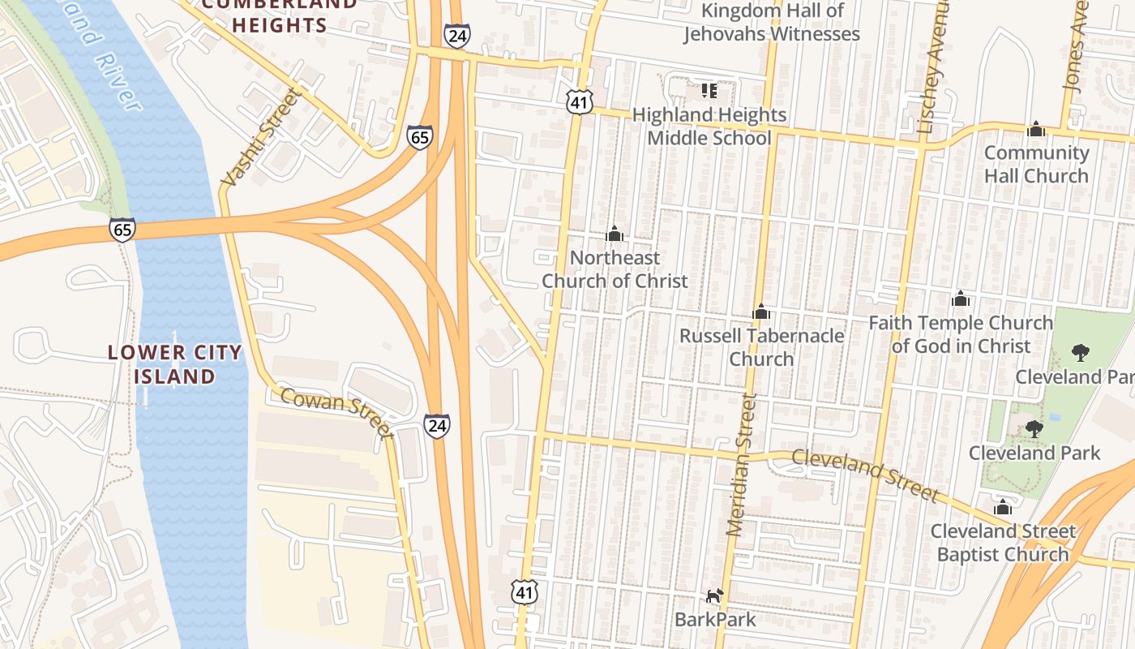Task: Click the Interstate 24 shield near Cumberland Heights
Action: pyautogui.click(x=456, y=36)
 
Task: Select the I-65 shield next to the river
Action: pyautogui.click(x=122, y=230)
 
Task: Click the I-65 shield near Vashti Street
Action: pyautogui.click(x=420, y=137)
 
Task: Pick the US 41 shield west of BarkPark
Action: pyautogui.click(x=525, y=592)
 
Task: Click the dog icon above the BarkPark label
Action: pyautogui.click(x=713, y=596)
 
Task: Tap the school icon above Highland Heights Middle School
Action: pyautogui.click(x=709, y=91)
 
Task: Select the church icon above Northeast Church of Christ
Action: pyautogui.click(x=615, y=234)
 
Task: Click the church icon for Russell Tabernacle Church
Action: pyautogui.click(x=760, y=312)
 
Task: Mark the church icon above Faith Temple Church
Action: pyautogui.click(x=961, y=299)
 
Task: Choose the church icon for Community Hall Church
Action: pyautogui.click(x=1035, y=129)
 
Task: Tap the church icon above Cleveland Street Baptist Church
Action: pyautogui.click(x=1003, y=507)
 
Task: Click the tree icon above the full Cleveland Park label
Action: pyautogui.click(x=1034, y=428)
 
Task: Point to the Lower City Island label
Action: pyautogui.click(x=175, y=364)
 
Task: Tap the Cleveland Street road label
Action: pyautogui.click(x=864, y=474)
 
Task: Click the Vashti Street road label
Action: pyautogui.click(x=262, y=138)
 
